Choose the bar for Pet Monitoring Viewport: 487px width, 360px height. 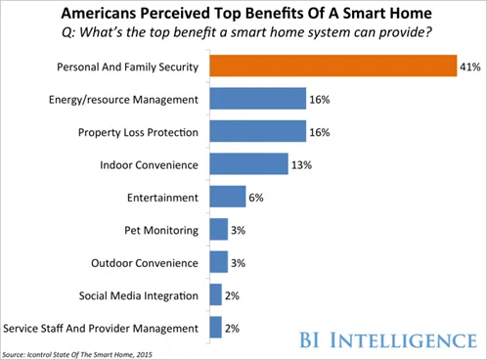pyautogui.click(x=216, y=229)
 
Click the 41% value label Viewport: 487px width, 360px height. pyautogui.click(x=470, y=67)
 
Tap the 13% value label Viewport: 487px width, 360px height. pyautogui.click(x=302, y=164)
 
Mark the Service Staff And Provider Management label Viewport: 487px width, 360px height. pyautogui.click(x=102, y=328)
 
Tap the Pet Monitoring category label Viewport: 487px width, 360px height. pyautogui.click(x=161, y=229)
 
